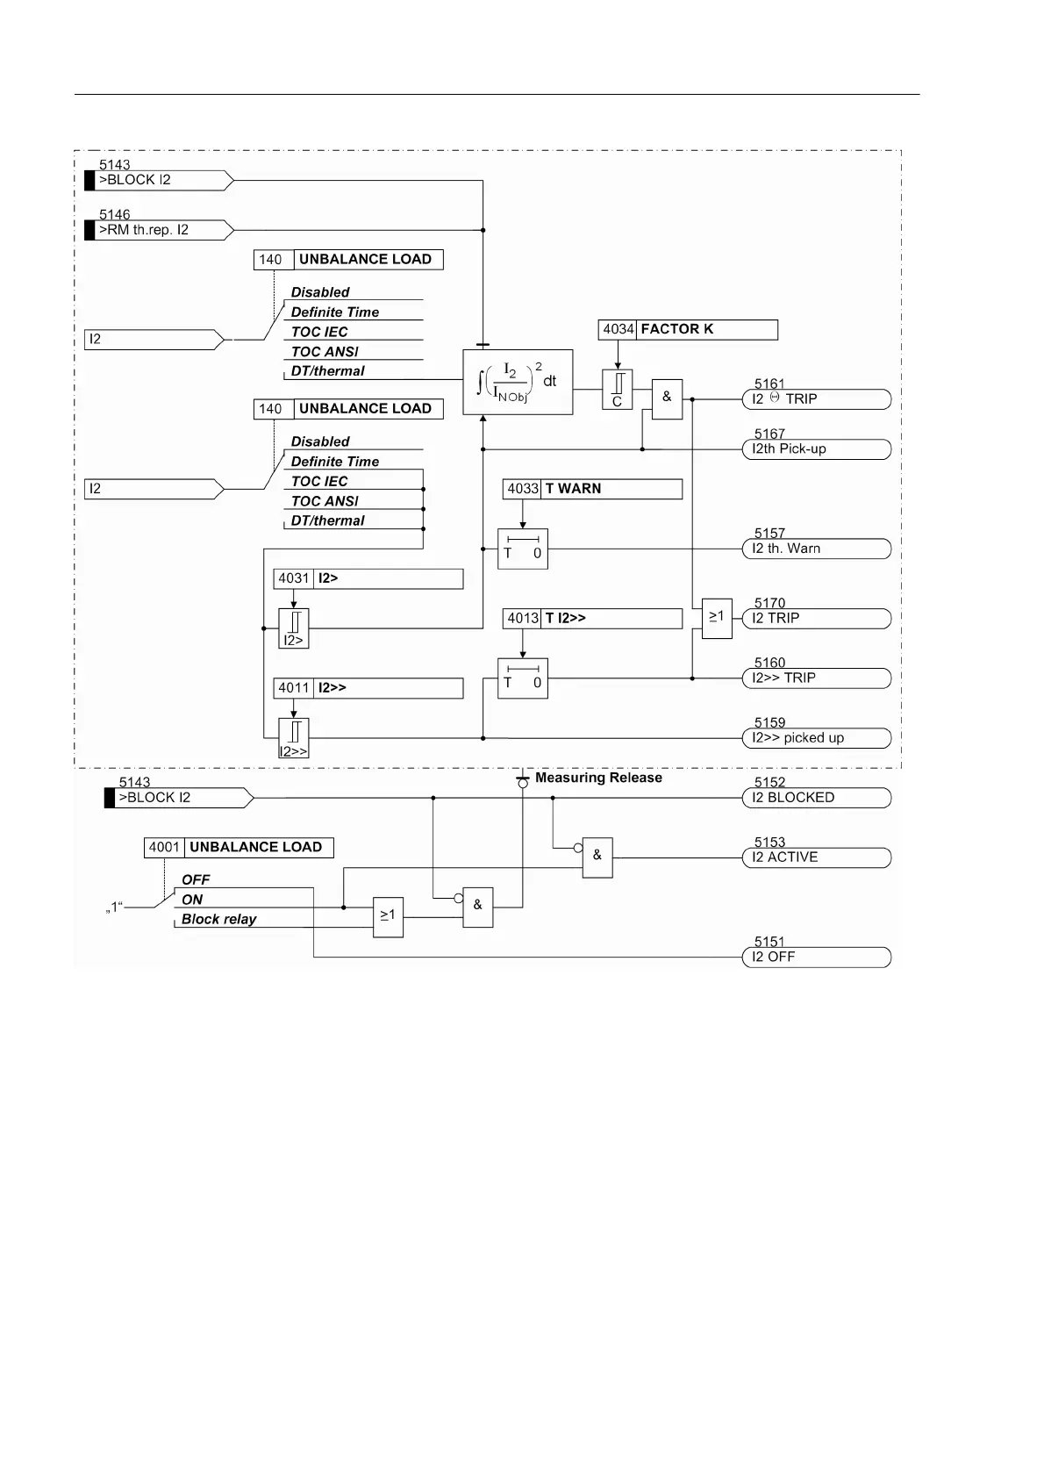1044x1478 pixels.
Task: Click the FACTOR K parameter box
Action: pyautogui.click(x=688, y=329)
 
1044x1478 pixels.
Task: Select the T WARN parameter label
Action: pyautogui.click(x=573, y=489)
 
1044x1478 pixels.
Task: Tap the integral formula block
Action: pyautogui.click(x=518, y=383)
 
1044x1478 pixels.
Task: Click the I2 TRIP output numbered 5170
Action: pyautogui.click(x=816, y=618)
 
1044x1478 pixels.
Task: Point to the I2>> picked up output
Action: pyautogui.click(x=816, y=738)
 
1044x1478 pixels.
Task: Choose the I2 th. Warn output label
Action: pyautogui.click(x=816, y=549)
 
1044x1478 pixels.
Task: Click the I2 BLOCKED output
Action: pyautogui.click(x=816, y=798)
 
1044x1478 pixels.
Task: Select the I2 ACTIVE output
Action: pyautogui.click(x=816, y=857)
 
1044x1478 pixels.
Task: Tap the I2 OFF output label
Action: pyautogui.click(x=816, y=957)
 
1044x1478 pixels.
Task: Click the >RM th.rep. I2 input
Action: pyautogui.click(x=158, y=230)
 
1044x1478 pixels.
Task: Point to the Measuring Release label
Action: pyautogui.click(x=598, y=778)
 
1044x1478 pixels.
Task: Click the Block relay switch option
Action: pyautogui.click(x=218, y=919)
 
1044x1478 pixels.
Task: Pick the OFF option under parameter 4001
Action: pyautogui.click(x=196, y=879)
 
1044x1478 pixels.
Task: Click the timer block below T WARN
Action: pyautogui.click(x=523, y=549)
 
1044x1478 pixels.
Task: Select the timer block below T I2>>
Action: pyautogui.click(x=523, y=678)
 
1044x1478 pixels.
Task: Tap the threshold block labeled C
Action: pyautogui.click(x=617, y=390)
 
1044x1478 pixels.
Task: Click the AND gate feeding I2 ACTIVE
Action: pyautogui.click(x=597, y=857)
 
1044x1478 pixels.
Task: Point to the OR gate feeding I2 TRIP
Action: pyautogui.click(x=717, y=618)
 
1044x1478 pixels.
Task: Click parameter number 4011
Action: pyautogui.click(x=294, y=688)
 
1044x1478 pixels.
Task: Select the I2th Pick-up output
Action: pyautogui.click(x=816, y=449)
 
